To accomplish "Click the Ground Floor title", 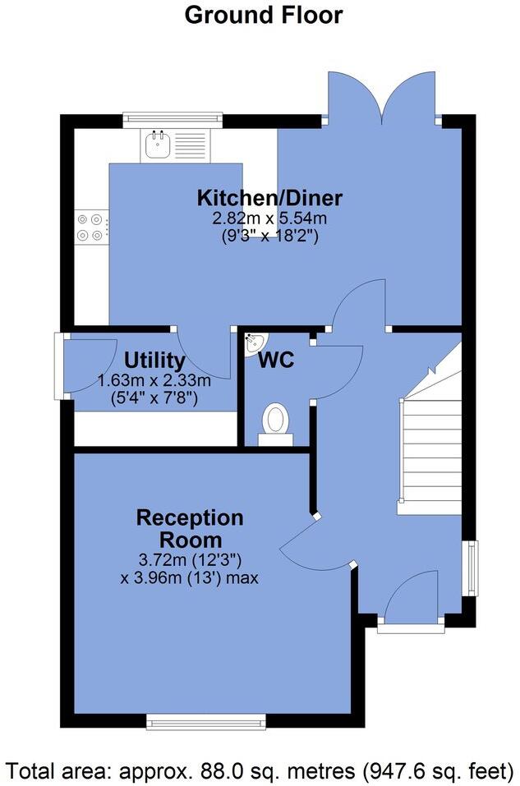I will click(263, 15).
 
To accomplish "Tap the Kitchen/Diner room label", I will click(269, 198).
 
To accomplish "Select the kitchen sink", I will click(156, 145).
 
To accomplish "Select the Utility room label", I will click(154, 361).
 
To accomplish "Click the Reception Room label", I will click(190, 528).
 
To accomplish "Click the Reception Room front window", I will click(205, 721).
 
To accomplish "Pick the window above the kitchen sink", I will click(173, 120).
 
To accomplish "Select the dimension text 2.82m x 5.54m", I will click(269, 218).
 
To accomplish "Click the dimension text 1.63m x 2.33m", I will click(154, 381).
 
